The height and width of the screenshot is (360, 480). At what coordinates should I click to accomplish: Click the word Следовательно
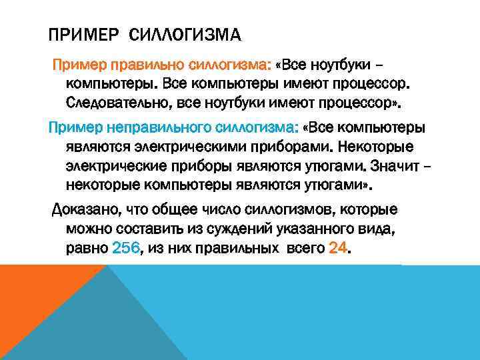(x=113, y=104)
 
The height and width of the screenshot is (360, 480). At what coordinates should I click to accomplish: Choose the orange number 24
(x=338, y=249)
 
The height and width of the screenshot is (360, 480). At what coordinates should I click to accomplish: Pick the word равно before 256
(x=87, y=249)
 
